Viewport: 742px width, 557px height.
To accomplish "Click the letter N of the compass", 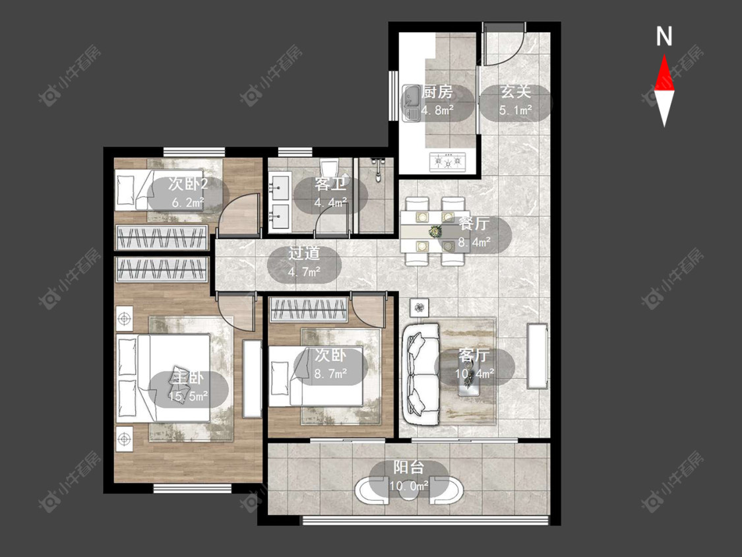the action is coord(664,36).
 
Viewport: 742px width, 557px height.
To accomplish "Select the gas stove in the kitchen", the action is coord(447,162).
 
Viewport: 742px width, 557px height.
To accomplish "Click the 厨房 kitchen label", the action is coord(437,92).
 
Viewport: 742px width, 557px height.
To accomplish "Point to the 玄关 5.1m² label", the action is coord(516,101).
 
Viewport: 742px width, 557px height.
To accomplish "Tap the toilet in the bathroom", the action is coord(329,171).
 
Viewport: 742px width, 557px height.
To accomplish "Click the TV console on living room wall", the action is coord(538,356).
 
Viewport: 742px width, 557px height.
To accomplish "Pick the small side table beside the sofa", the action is coord(419,308).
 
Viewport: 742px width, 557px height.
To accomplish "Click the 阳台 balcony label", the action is coord(409,467).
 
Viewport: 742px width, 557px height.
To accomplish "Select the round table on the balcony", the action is coord(409,490).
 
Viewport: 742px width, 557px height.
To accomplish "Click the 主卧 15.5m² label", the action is coord(189,387).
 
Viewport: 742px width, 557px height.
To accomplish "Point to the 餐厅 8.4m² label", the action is coord(474,232).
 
